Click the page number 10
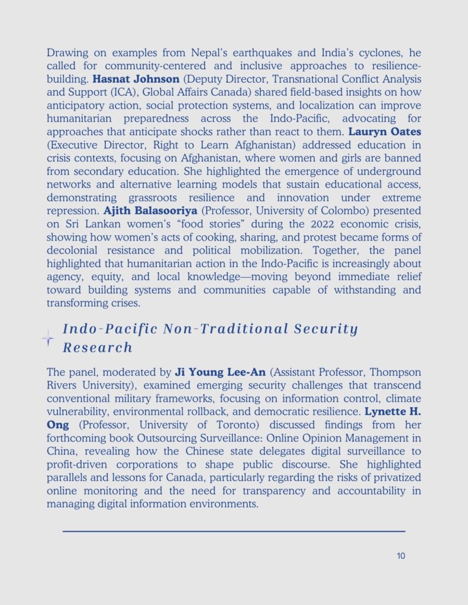401,556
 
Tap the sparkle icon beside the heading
48,339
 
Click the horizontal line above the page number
234,531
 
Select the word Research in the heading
98,347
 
